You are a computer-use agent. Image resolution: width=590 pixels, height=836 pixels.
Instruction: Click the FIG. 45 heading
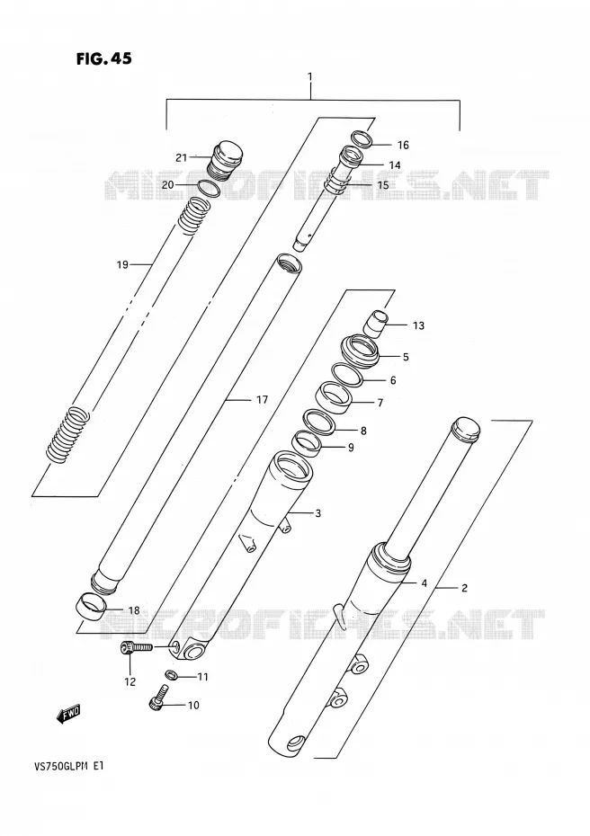[104, 58]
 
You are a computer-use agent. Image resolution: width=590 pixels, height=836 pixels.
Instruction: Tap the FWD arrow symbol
[68, 714]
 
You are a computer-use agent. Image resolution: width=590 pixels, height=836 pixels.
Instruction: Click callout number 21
[182, 157]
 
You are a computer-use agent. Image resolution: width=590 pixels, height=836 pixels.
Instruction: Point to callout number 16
[403, 145]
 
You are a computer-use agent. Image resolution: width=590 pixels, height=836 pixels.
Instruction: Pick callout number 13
[418, 325]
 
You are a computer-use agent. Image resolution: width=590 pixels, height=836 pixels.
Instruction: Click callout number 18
[133, 610]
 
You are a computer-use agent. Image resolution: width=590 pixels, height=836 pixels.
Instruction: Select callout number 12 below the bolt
[130, 681]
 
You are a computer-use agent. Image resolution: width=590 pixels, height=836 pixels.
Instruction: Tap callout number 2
[464, 588]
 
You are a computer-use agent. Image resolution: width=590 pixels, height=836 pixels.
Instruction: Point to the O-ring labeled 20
[209, 188]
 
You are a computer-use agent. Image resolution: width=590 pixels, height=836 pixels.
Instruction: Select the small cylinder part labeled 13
[377, 323]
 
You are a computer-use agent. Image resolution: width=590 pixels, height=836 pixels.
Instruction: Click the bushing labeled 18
[90, 606]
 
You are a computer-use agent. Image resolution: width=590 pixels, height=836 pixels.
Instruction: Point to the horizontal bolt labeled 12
[136, 648]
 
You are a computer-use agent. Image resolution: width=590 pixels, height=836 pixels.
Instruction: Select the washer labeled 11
[172, 674]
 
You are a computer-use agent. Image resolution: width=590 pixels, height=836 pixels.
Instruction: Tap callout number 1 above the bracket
[310, 77]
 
